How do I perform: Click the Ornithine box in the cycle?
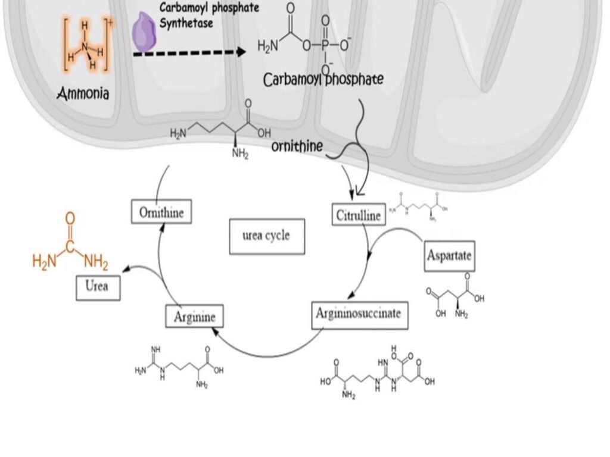point(161,212)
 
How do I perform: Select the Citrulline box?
point(358,215)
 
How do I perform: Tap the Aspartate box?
point(449,255)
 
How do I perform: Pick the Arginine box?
point(194,315)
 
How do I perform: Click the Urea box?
point(98,287)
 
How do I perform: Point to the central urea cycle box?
point(267,236)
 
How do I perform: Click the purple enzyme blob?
point(145,32)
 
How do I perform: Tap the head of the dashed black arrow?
point(241,52)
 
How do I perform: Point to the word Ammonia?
point(83,94)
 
